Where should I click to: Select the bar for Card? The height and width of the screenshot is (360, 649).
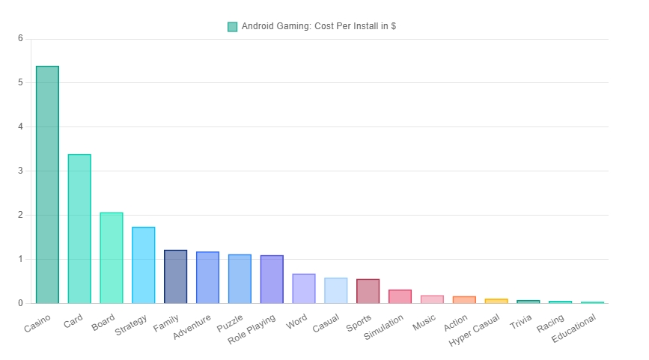pyautogui.click(x=79, y=228)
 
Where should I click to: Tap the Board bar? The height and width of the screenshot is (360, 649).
pyautogui.click(x=112, y=257)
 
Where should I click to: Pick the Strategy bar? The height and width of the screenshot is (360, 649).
pyautogui.click(x=144, y=265)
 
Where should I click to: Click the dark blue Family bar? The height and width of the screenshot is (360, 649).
pyautogui.click(x=175, y=276)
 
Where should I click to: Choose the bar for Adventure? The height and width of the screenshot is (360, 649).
pyautogui.click(x=207, y=277)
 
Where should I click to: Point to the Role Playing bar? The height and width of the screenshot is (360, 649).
pyautogui.click(x=272, y=279)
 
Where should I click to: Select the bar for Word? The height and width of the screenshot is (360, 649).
pyautogui.click(x=304, y=288)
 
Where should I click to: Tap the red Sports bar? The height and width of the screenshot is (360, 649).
pyautogui.click(x=368, y=291)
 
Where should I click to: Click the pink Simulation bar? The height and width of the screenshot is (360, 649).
pyautogui.click(x=400, y=296)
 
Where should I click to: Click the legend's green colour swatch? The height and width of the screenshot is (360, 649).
pyautogui.click(x=232, y=27)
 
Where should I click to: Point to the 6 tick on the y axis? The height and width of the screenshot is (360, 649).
pyautogui.click(x=21, y=39)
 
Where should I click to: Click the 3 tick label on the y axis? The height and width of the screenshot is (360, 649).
pyautogui.click(x=21, y=171)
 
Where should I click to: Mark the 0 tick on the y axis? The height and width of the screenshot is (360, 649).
pyautogui.click(x=21, y=303)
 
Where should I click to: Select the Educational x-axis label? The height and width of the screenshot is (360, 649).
pyautogui.click(x=575, y=329)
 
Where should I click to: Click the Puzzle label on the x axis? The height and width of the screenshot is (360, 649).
pyautogui.click(x=231, y=323)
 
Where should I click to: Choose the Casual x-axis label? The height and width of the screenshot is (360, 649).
pyautogui.click(x=327, y=323)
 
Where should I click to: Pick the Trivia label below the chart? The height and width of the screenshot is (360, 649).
pyautogui.click(x=521, y=323)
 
